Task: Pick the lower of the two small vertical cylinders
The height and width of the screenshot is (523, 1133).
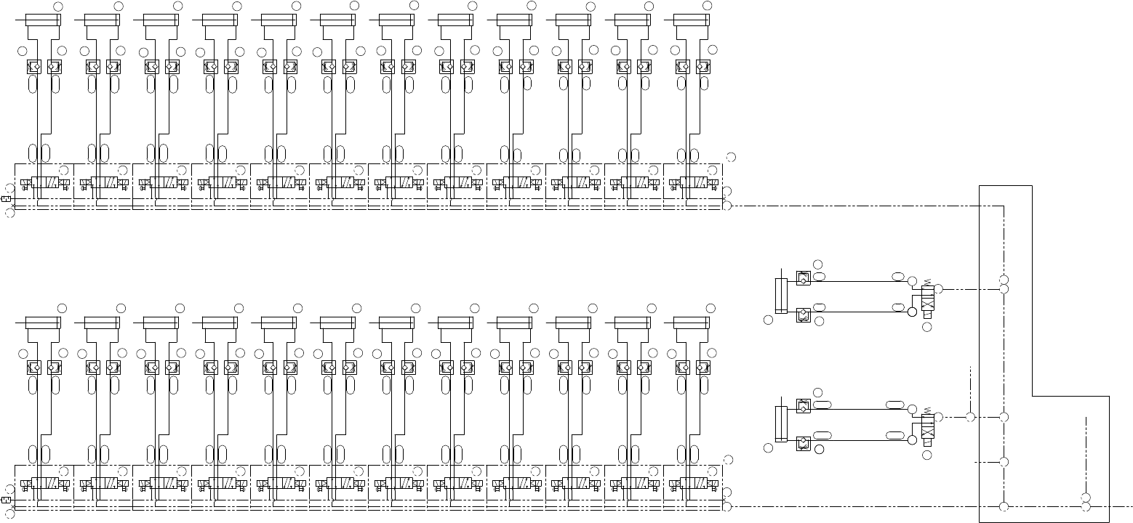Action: point(781,423)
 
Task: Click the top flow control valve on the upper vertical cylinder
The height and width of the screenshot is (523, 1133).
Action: point(803,277)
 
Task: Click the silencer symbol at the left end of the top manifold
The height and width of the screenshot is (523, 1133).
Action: point(7,198)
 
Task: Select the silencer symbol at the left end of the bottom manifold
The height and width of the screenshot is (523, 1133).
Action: point(7,500)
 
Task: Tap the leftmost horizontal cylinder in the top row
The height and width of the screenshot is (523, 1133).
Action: point(41,18)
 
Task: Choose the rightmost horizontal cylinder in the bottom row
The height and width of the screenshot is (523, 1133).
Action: point(690,322)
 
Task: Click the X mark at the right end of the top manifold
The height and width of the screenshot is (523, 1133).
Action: point(725,198)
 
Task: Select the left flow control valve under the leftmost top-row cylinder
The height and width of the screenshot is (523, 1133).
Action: point(33,67)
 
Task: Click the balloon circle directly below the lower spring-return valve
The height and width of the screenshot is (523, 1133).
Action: point(926,455)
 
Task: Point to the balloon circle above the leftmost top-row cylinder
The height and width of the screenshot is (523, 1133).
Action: point(59,6)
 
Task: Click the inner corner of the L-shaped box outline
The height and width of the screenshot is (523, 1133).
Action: point(1033,397)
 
